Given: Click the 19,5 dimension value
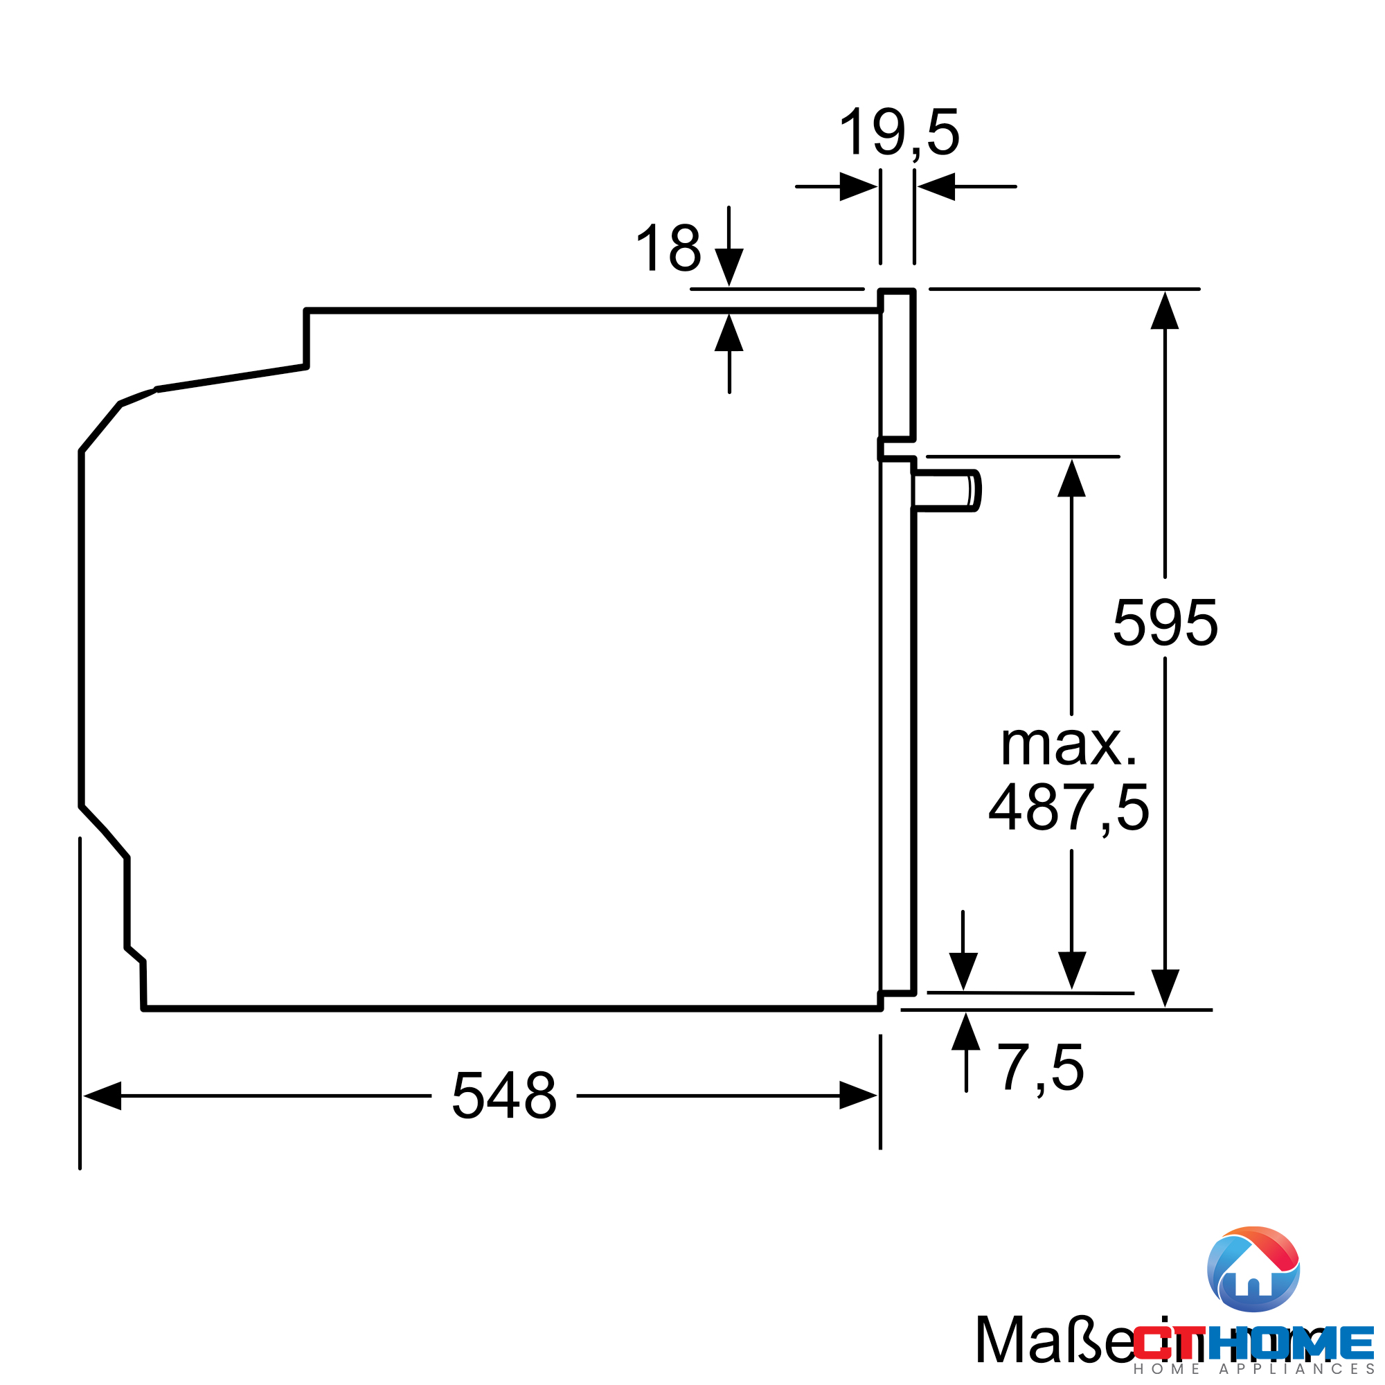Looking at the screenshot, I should [898, 134].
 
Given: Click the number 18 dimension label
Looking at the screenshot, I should [668, 248].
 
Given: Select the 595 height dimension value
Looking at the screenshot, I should [1165, 623].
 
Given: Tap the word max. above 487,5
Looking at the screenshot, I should [1068, 746].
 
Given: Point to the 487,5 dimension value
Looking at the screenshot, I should [1068, 808].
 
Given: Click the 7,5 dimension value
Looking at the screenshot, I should [1040, 1068].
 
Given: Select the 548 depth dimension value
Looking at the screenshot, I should [504, 1096].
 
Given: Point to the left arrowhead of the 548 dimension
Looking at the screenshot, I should [102, 1096].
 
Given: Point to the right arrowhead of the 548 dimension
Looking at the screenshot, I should [857, 1096].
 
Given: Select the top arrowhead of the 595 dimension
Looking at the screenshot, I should [1165, 311].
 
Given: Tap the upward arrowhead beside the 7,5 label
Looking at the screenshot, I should [965, 1033].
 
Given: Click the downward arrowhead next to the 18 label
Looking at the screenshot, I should [729, 266].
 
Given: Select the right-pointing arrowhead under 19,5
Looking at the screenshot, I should [857, 186].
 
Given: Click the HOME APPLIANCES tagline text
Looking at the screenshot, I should [1254, 1368].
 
